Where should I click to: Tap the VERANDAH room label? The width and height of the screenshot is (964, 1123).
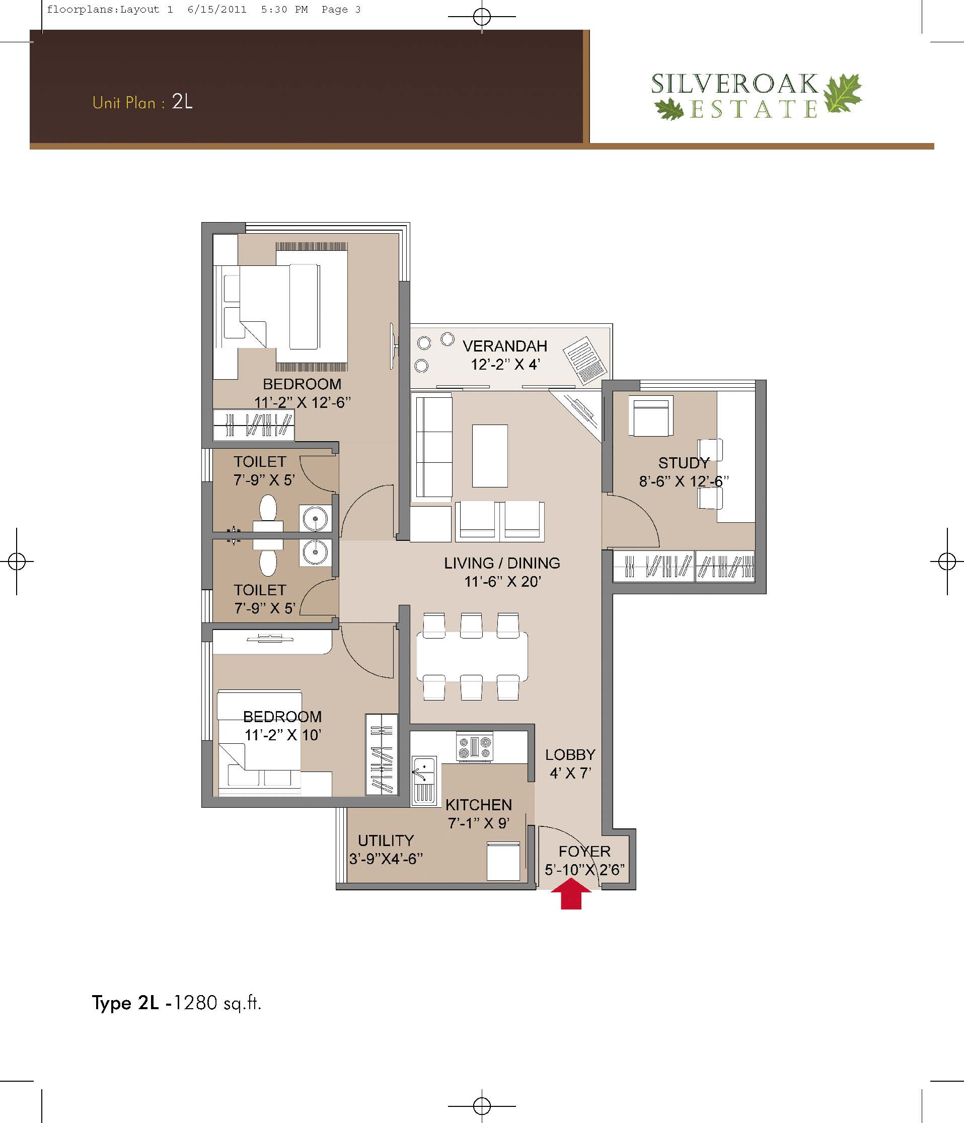pyautogui.click(x=504, y=346)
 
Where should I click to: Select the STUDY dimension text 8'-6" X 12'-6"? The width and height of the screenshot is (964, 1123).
pyautogui.click(x=684, y=481)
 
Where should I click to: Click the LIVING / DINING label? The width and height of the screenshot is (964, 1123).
pyautogui.click(x=502, y=563)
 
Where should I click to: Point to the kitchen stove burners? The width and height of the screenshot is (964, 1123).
pyautogui.click(x=475, y=747)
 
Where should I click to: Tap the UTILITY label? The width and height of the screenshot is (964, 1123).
pyautogui.click(x=386, y=840)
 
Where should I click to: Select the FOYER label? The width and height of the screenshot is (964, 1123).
pyautogui.click(x=584, y=852)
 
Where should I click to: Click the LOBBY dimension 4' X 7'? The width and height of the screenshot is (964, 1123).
pyautogui.click(x=569, y=773)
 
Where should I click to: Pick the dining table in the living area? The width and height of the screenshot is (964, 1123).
pyautogui.click(x=472, y=656)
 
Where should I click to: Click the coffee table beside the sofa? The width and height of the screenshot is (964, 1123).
pyautogui.click(x=490, y=456)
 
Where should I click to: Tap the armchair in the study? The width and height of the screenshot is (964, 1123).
pyautogui.click(x=651, y=415)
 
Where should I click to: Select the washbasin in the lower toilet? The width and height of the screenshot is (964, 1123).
pyautogui.click(x=315, y=553)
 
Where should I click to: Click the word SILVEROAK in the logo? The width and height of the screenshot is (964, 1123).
pyautogui.click(x=734, y=84)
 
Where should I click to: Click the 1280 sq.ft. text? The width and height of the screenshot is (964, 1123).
pyautogui.click(x=217, y=1003)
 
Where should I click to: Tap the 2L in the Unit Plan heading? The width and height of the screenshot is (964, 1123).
pyautogui.click(x=182, y=101)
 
